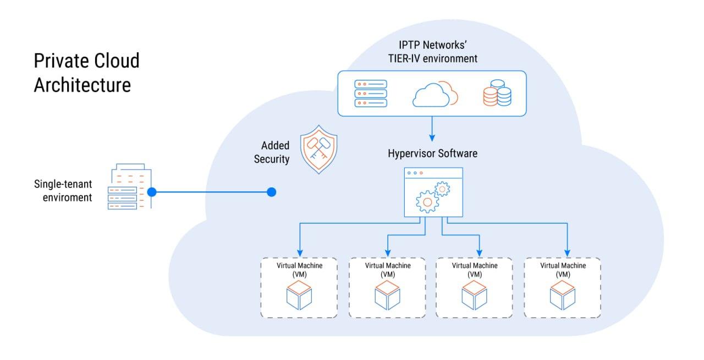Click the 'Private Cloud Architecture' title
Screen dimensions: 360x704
pyautogui.click(x=86, y=73)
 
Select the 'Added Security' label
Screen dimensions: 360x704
pyautogui.click(x=275, y=153)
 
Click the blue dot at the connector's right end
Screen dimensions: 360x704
pyautogui.click(x=271, y=192)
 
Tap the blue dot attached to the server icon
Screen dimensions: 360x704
pyautogui.click(x=152, y=192)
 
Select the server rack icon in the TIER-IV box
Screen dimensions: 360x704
pyautogui.click(x=371, y=93)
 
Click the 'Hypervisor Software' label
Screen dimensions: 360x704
pyautogui.click(x=432, y=153)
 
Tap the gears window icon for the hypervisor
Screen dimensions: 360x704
pyautogui.click(x=432, y=192)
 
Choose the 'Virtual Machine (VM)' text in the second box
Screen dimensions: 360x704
pyautogui.click(x=387, y=270)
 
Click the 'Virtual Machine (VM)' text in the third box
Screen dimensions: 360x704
pyautogui.click(x=475, y=270)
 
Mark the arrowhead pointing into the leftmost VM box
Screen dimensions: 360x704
pyautogui.click(x=299, y=251)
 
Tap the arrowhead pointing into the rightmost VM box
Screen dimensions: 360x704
pyautogui.click(x=566, y=251)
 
